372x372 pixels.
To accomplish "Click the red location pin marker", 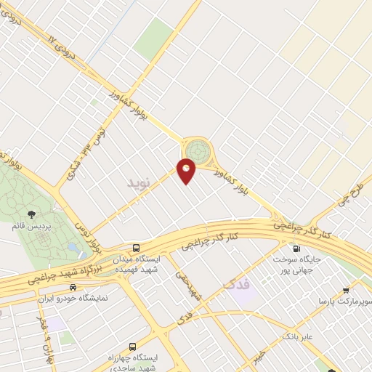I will (187, 171).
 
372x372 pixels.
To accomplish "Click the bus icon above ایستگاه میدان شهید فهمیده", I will (136, 246).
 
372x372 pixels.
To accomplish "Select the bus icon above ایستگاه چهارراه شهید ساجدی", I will (132, 346).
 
